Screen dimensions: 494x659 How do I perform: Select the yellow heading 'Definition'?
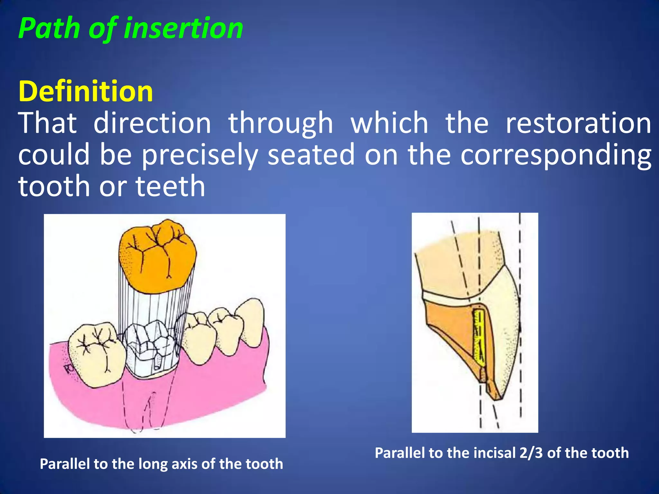coord(86,92)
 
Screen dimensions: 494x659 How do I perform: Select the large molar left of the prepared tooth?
coord(97,354)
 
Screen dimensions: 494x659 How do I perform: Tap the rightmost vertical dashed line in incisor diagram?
coord(520,322)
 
